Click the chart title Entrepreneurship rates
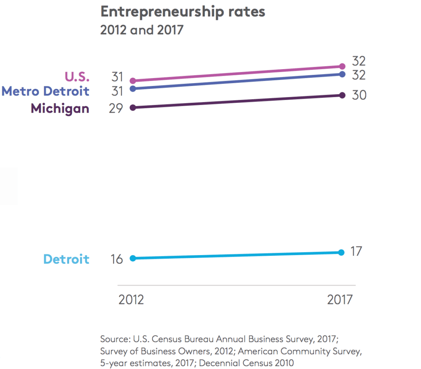pyautogui.click(x=183, y=12)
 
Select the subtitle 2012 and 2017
pyautogui.click(x=141, y=30)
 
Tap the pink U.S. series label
pyautogui.click(x=76, y=77)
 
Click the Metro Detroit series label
pyautogui.click(x=45, y=91)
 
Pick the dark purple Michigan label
pyautogui.click(x=60, y=108)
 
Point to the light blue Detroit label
pyautogui.click(x=66, y=259)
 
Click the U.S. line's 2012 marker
pyautogui.click(x=133, y=81)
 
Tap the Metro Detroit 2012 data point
pyautogui.click(x=133, y=88)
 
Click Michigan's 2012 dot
pyautogui.click(x=133, y=107)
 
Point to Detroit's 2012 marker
pyautogui.click(x=133, y=258)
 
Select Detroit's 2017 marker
pyautogui.click(x=341, y=252)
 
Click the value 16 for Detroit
pyautogui.click(x=116, y=260)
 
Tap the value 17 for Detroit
pyautogui.click(x=356, y=251)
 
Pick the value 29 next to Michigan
pyautogui.click(x=116, y=109)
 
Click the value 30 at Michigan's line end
pyautogui.click(x=359, y=95)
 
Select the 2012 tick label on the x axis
pyautogui.click(x=131, y=299)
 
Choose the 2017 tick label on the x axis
pyautogui.click(x=340, y=299)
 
